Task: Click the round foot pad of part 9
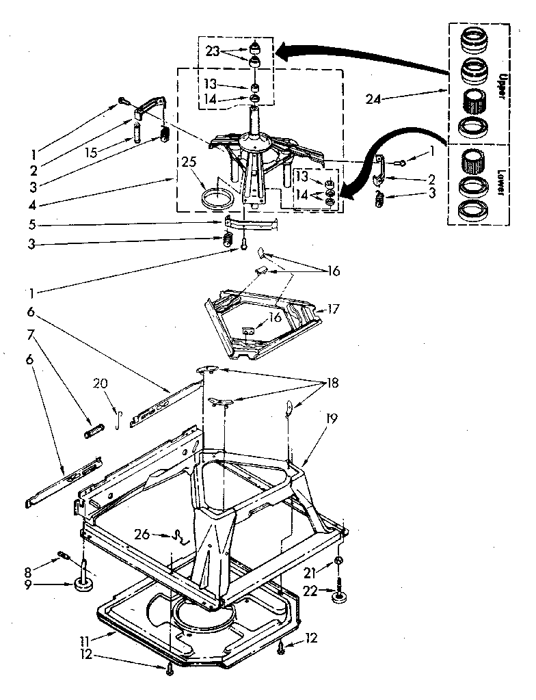click(84, 585)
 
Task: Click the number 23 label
click(213, 51)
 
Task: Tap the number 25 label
click(189, 162)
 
